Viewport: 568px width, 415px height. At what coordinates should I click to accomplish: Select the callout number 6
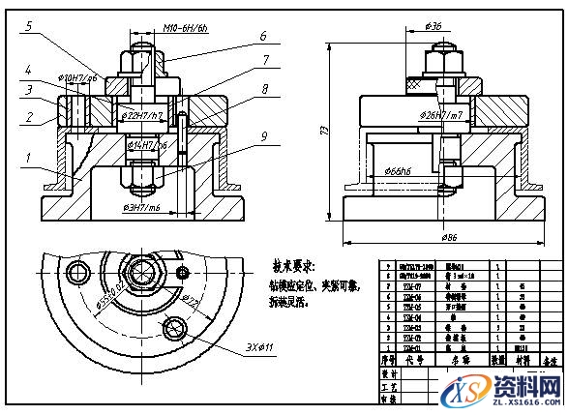261,36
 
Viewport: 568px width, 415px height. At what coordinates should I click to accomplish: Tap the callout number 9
261,135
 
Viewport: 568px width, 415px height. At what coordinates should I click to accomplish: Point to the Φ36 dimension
433,26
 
